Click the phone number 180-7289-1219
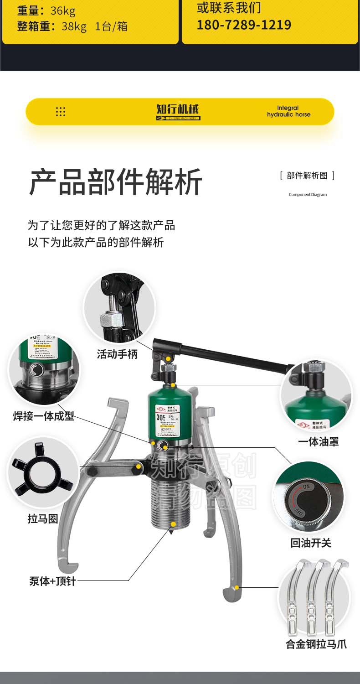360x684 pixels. click(244, 25)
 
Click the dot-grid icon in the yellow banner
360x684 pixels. click(61, 112)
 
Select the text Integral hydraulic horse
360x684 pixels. click(288, 111)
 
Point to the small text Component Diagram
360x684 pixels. click(308, 195)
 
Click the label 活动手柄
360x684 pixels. click(117, 354)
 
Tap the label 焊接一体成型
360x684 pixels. click(44, 416)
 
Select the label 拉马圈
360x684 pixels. click(43, 519)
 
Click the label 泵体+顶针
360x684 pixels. click(52, 581)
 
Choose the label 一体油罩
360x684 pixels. click(319, 441)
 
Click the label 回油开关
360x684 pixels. click(311, 543)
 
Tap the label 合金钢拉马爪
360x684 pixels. click(316, 644)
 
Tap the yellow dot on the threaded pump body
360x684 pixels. click(173, 523)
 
